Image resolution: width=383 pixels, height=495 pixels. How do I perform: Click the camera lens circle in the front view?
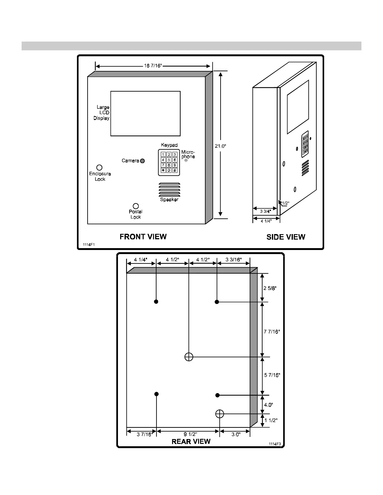[x=142, y=161]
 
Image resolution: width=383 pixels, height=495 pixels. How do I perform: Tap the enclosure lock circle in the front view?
[x=99, y=168]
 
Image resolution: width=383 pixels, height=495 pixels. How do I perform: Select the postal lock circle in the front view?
[x=136, y=206]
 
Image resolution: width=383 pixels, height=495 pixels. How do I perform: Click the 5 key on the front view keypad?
[x=169, y=160]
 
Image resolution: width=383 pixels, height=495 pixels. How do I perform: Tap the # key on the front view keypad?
[x=175, y=170]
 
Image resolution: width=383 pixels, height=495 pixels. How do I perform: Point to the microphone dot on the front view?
[x=186, y=160]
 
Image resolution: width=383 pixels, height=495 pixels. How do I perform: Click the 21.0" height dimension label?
[x=221, y=146]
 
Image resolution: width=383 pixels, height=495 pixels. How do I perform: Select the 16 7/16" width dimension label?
[x=153, y=66]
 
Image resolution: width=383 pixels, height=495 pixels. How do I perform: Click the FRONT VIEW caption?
[x=143, y=237]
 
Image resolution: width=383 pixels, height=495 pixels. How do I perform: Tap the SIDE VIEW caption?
[x=286, y=237]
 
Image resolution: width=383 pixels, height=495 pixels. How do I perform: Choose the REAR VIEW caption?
[x=191, y=442]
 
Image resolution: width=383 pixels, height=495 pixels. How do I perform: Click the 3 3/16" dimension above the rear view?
[x=233, y=259]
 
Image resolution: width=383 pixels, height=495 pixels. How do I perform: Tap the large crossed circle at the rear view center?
[x=189, y=357]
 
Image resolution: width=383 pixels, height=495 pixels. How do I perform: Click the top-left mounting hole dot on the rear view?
[x=156, y=302]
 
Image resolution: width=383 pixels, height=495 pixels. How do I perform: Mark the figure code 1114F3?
[x=274, y=444]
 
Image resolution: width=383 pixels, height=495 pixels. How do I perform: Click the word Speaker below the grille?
[x=169, y=200]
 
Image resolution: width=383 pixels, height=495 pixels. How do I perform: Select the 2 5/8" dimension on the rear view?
[x=270, y=288]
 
